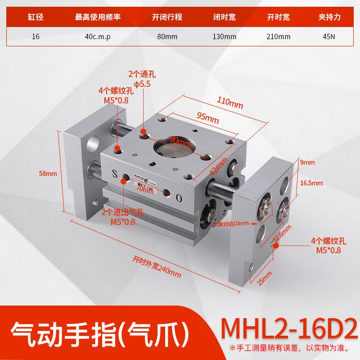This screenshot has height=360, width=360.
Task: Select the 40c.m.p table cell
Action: pyautogui.click(x=98, y=37)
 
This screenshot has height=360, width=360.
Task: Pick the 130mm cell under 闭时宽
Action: pyautogui.click(x=224, y=37)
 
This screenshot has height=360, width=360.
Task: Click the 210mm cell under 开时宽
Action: pyautogui.click(x=279, y=37)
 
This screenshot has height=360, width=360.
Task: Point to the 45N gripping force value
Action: pyautogui.click(x=329, y=37)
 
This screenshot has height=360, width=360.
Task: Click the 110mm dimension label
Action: pyautogui.click(x=229, y=104)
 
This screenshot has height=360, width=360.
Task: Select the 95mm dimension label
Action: pyautogui.click(x=207, y=119)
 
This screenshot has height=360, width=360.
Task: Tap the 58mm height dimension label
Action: pyautogui.click(x=48, y=174)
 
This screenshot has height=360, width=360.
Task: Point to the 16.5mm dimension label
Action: pyautogui.click(x=312, y=183)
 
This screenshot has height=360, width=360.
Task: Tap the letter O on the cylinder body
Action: pyautogui.click(x=179, y=198)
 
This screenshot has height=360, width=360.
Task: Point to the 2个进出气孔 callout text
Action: pyautogui.click(x=123, y=212)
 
